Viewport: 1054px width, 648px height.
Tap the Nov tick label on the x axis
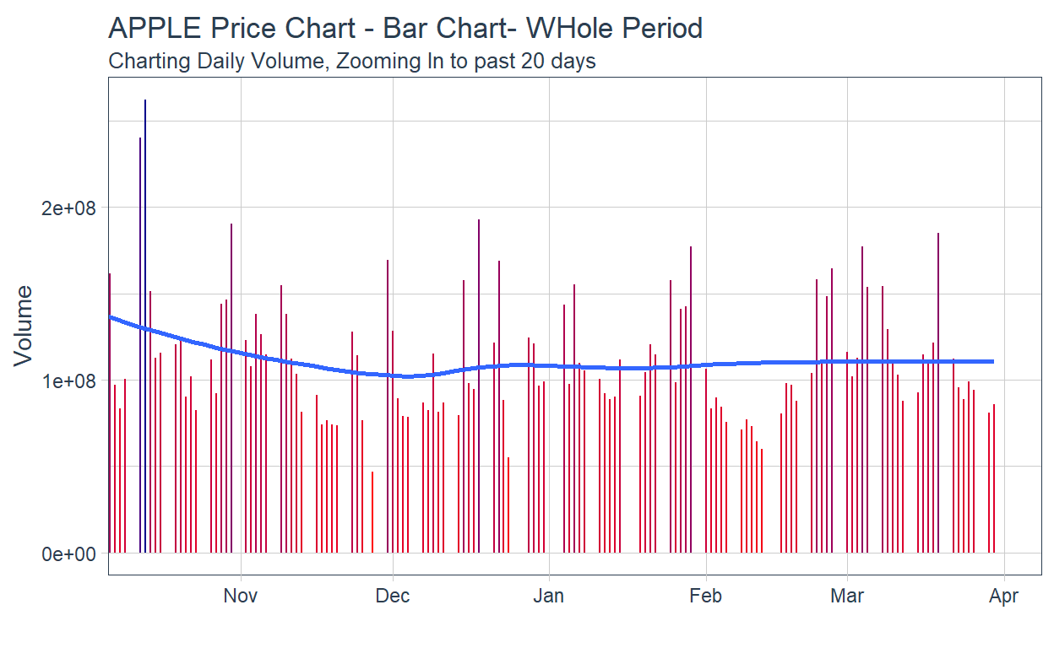[241, 597]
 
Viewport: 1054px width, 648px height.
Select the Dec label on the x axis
[393, 597]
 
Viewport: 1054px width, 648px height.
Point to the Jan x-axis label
[549, 597]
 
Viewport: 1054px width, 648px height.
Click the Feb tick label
[705, 597]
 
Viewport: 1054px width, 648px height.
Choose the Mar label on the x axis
[847, 597]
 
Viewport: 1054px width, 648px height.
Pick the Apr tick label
[1004, 597]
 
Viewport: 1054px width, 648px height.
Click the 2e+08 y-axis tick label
[70, 208]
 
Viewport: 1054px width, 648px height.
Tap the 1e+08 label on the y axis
[70, 381]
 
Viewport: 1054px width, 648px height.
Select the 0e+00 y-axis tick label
[70, 553]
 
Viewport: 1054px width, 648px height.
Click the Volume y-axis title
[24, 325]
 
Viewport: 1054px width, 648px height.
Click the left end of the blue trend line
[111, 317]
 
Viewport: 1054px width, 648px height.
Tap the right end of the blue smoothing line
[992, 361]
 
